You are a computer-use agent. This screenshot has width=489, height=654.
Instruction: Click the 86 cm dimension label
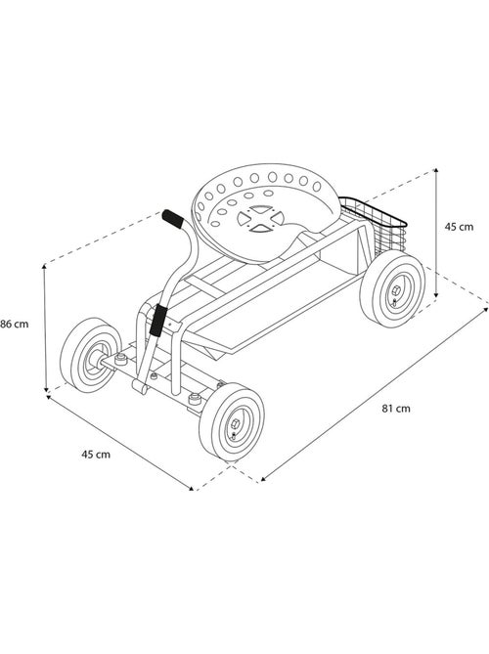point(15,324)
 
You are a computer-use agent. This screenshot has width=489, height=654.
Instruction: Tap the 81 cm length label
point(396,409)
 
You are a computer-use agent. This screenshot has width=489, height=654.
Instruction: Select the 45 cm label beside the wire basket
point(459,227)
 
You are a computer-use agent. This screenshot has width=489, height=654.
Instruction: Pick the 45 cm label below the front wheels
point(96,455)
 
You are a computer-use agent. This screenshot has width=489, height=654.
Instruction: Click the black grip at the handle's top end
point(172,219)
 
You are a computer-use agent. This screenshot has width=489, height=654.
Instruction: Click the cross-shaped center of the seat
point(261,218)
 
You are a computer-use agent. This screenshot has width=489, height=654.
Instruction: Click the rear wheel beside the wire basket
point(392,288)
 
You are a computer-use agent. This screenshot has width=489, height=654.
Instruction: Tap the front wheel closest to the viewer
point(232,421)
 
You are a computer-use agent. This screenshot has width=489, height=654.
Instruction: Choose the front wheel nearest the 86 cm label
point(91,355)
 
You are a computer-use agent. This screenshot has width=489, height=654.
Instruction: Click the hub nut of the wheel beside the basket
point(397,290)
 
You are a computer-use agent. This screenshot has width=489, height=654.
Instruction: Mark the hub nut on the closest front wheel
point(235,425)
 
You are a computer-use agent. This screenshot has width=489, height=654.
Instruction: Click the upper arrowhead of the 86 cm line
point(45,267)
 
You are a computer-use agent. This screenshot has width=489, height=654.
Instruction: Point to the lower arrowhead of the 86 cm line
point(46,389)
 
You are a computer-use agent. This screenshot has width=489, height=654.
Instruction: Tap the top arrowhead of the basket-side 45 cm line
point(436,171)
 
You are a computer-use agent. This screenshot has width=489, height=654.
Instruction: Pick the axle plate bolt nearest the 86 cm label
point(121,358)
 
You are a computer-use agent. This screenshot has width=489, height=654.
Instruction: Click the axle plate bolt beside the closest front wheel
point(195,399)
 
